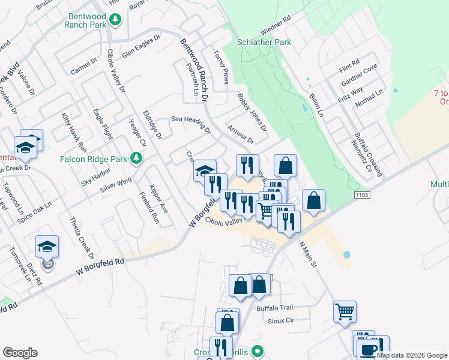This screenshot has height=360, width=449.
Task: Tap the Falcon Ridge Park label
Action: pyautogui.click(x=93, y=159)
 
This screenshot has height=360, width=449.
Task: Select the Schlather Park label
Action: pyautogui.click(x=264, y=42)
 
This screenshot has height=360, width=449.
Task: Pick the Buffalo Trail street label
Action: pyautogui.click(x=274, y=308)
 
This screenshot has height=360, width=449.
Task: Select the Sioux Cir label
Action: pyautogui.click(x=281, y=321)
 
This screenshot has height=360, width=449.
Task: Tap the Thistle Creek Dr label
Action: pyautogui.click(x=80, y=238)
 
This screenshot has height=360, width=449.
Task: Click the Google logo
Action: pyautogui.click(x=20, y=353)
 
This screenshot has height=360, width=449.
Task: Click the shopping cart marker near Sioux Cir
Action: pyautogui.click(x=345, y=311)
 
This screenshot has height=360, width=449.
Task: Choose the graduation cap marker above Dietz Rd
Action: pyautogui.click(x=47, y=246)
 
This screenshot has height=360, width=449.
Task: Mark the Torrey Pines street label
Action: pyautogui.click(x=220, y=66)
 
